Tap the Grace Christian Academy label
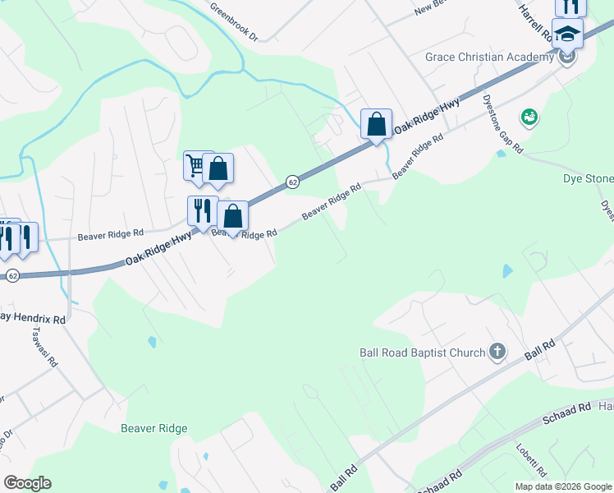coord(490,57)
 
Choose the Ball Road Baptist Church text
coord(423,352)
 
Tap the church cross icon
coord(497,352)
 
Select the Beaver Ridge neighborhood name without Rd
coord(154,428)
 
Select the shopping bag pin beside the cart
coord(218,169)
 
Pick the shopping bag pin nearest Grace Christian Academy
coord(376,125)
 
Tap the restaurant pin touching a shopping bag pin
coord(202,211)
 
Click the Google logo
coord(28,483)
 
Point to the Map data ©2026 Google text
coord(562,486)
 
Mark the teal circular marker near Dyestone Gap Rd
coord(529,117)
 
